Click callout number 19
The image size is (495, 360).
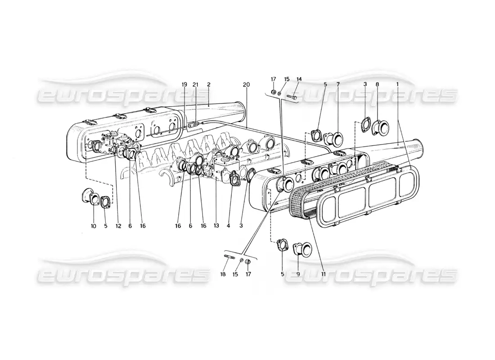pyautogui.click(x=184, y=85)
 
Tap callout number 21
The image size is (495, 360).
pyautogui.click(x=196, y=85)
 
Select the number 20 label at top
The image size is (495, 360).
pyautogui.click(x=247, y=85)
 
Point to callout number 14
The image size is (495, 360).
pyautogui.click(x=299, y=79)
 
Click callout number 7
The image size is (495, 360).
pyautogui.click(x=338, y=85)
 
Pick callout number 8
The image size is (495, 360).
pyautogui.click(x=378, y=85)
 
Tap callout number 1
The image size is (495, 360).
pyautogui.click(x=398, y=85)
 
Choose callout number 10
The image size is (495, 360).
pyautogui.click(x=94, y=226)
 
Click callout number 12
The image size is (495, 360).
pyautogui.click(x=118, y=226)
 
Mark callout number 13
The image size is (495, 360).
pyautogui.click(x=216, y=226)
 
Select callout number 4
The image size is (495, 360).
pyautogui.click(x=228, y=226)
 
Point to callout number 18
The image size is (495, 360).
pyautogui.click(x=223, y=274)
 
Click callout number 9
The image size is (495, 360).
pyautogui.click(x=298, y=274)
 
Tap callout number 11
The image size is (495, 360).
pyautogui.click(x=323, y=274)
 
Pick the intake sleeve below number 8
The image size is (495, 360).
pyautogui.click(x=381, y=127)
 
